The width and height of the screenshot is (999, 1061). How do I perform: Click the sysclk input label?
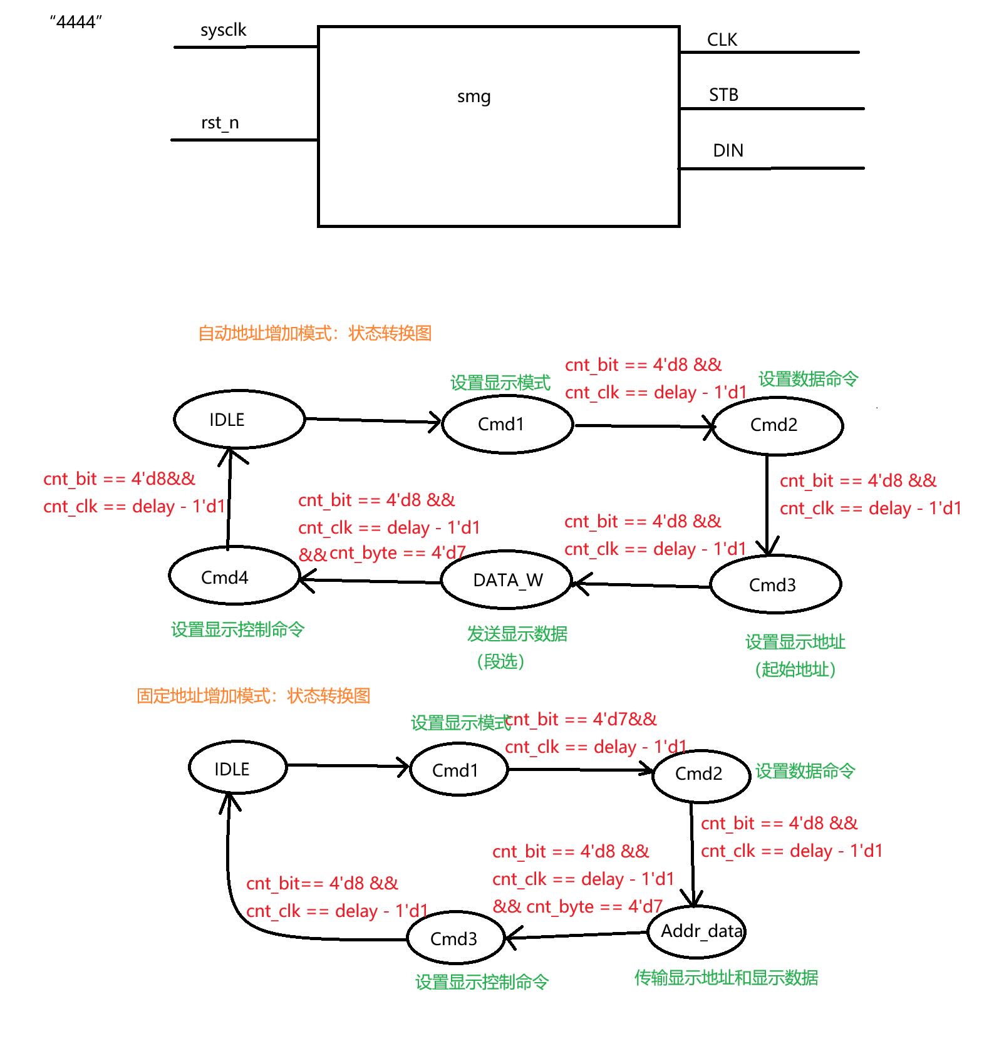[223, 31]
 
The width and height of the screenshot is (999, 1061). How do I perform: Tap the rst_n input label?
[220, 123]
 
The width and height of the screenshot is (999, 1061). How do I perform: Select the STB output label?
[723, 95]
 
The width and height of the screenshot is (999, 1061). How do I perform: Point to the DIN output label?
[728, 151]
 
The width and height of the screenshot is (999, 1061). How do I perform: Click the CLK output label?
[722, 40]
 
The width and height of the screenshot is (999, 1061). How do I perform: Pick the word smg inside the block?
[474, 97]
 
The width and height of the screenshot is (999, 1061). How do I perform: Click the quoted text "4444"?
[76, 23]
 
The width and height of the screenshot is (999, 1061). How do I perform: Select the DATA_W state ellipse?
[507, 581]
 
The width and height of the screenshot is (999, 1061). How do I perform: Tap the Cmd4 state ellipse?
[234, 576]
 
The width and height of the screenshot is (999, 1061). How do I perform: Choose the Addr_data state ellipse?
[697, 932]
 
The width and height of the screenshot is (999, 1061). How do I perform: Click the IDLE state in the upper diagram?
[239, 420]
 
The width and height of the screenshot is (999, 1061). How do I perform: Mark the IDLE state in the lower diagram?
[237, 769]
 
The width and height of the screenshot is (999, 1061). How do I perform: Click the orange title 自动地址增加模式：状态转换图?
[314, 333]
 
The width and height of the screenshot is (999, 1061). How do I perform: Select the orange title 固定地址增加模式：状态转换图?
[253, 696]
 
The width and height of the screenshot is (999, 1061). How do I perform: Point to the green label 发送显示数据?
[517, 634]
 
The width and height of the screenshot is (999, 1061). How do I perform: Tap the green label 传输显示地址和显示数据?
[726, 978]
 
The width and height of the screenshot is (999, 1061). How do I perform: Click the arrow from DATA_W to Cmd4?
[370, 581]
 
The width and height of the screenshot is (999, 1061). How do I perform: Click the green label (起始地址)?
[795, 670]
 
